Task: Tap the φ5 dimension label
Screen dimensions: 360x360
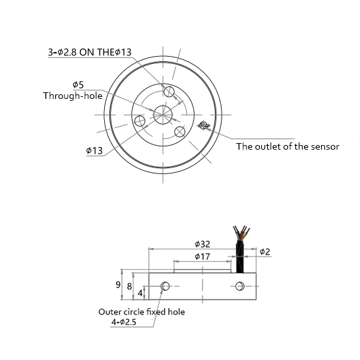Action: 78,85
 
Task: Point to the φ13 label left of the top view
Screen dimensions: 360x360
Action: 94,150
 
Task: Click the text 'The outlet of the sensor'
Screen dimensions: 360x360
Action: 287,146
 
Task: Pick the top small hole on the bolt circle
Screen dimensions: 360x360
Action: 169,91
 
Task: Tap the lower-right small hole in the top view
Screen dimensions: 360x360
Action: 179,131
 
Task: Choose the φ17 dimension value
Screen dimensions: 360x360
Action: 202,256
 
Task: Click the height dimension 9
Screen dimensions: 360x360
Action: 117,285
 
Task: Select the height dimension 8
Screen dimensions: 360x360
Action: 129,286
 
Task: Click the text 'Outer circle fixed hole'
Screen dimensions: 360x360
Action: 141,312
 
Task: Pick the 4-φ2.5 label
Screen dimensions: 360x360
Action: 125,322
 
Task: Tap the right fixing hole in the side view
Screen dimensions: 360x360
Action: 240,286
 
